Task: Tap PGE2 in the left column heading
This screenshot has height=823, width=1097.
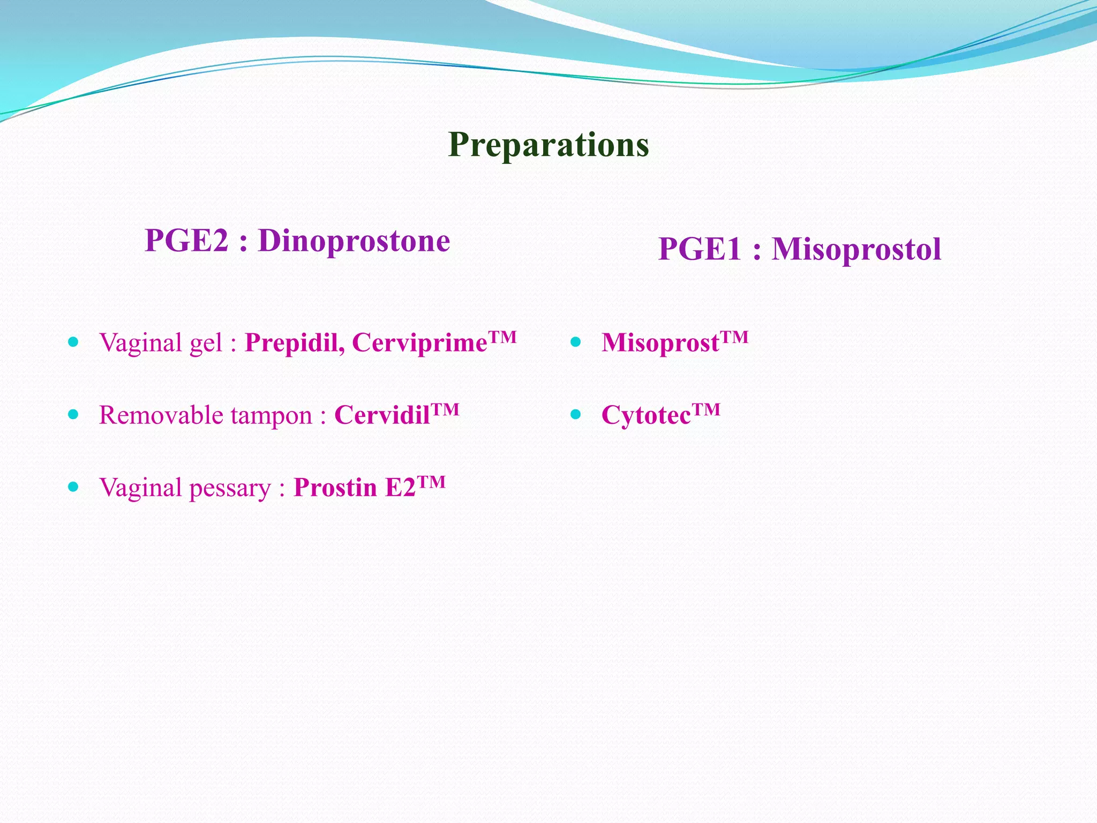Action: pyautogui.click(x=186, y=241)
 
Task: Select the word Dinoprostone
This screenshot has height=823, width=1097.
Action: pyautogui.click(x=354, y=241)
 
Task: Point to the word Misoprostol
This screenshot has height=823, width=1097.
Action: pyautogui.click(x=856, y=250)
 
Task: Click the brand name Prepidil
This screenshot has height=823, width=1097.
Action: pyautogui.click(x=294, y=343)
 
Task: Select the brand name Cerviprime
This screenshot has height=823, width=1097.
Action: pyautogui.click(x=419, y=343)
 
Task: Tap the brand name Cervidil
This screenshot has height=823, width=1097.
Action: pyautogui.click(x=382, y=415)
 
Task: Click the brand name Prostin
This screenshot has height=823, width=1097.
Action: pyautogui.click(x=335, y=488)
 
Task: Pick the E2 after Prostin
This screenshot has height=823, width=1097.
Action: pyautogui.click(x=400, y=488)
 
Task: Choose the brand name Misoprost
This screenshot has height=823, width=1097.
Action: pyautogui.click(x=660, y=343)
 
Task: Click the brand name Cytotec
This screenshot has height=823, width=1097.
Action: pyautogui.click(x=646, y=415)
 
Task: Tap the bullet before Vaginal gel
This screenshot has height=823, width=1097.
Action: pyautogui.click(x=74, y=342)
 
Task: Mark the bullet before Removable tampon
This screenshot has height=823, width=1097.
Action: pyautogui.click(x=74, y=414)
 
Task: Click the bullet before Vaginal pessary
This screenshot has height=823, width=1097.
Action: pyautogui.click(x=74, y=487)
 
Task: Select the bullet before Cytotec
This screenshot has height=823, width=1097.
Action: pyautogui.click(x=576, y=414)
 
